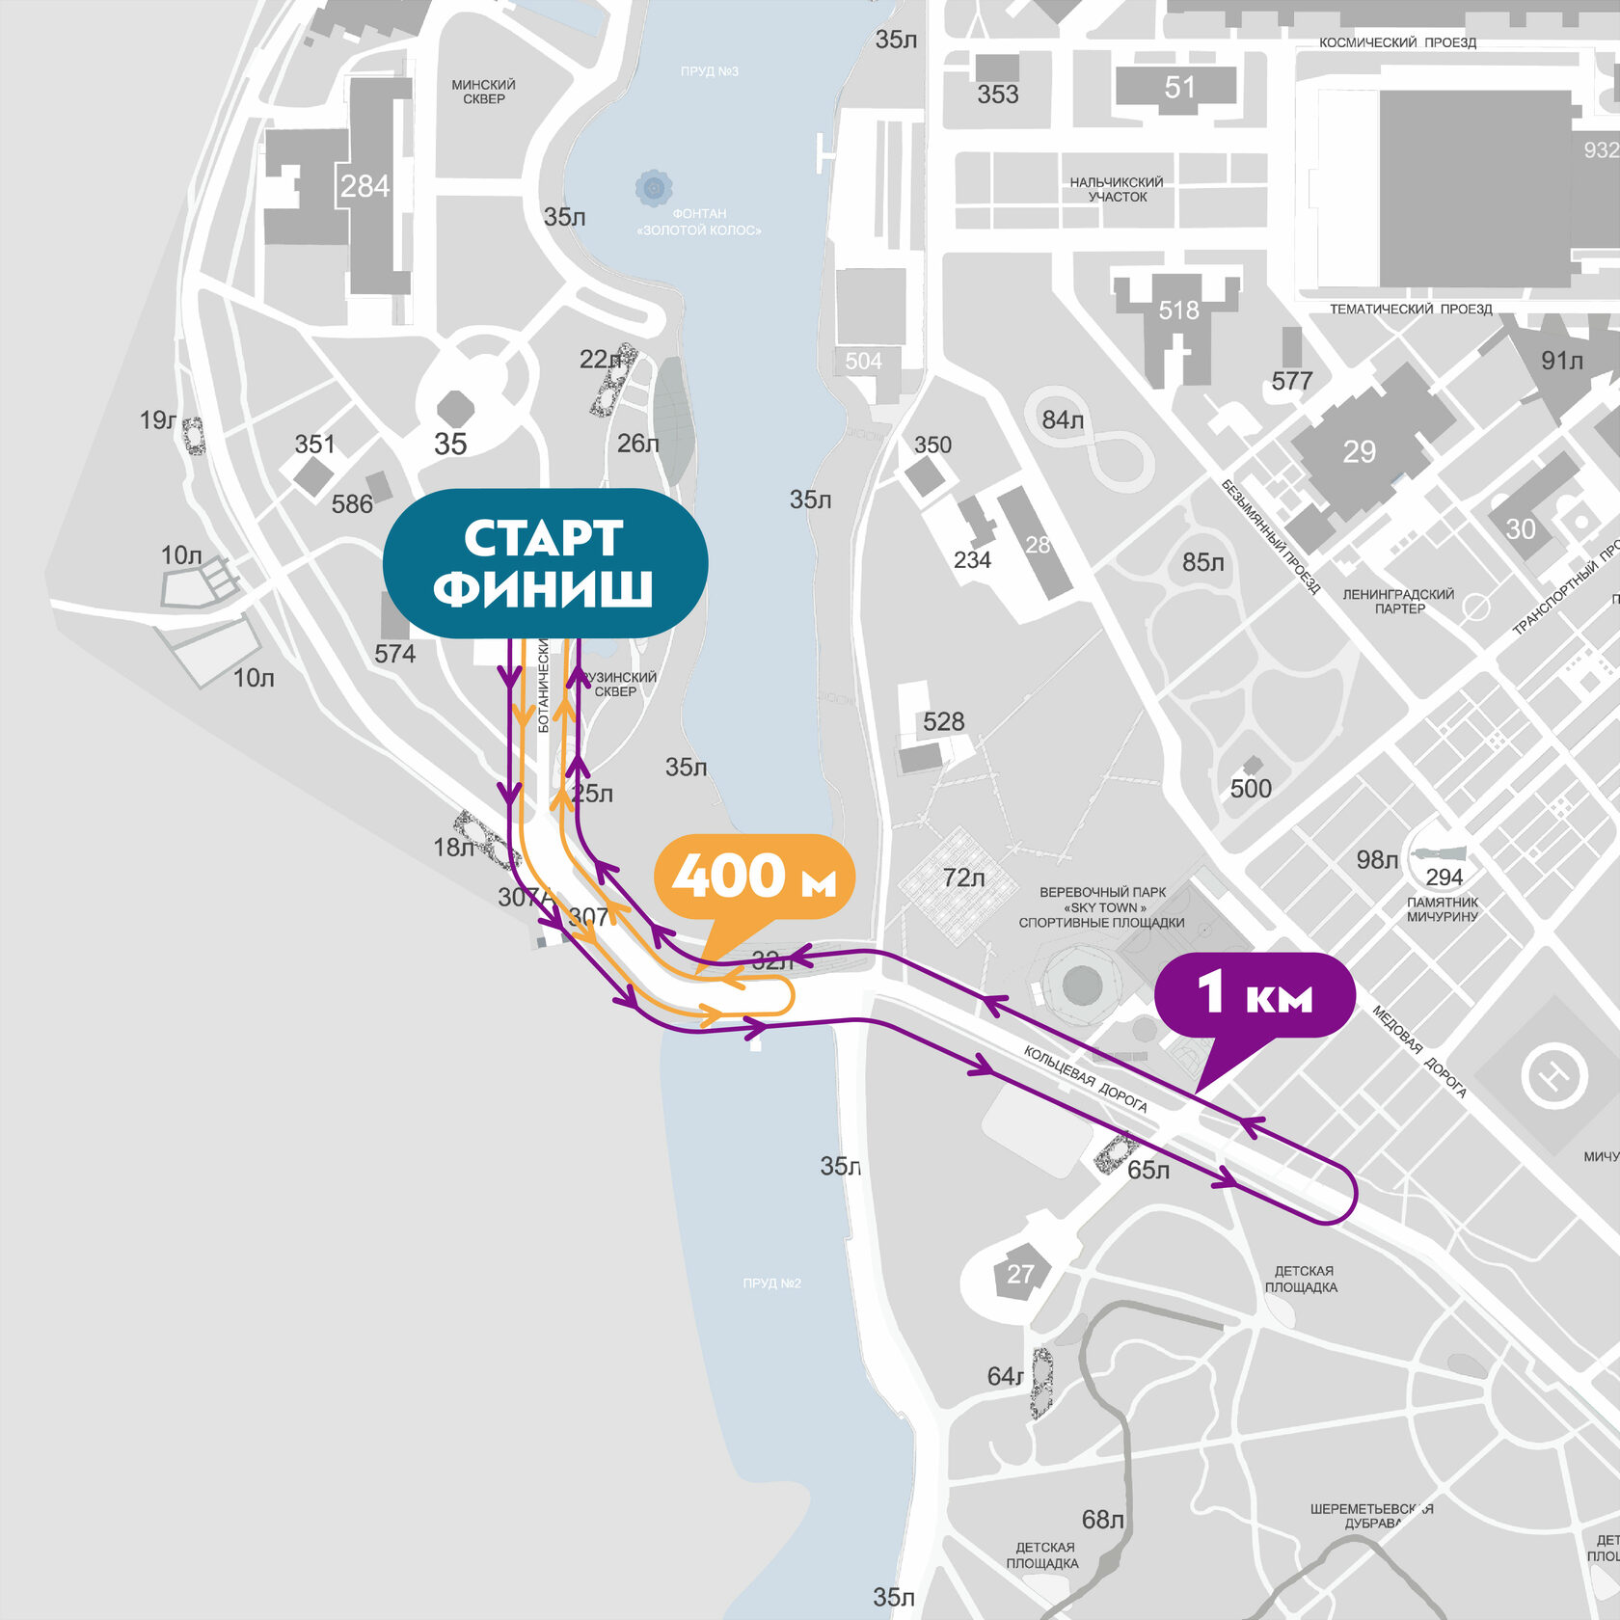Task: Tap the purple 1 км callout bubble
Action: (x=1255, y=994)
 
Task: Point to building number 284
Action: (x=364, y=186)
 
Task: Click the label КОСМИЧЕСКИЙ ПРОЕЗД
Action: (x=1397, y=42)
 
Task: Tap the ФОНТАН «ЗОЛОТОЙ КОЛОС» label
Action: (x=699, y=222)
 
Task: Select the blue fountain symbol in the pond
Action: (x=653, y=186)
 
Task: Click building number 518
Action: (x=1178, y=310)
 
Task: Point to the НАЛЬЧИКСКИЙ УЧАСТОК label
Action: (x=1117, y=189)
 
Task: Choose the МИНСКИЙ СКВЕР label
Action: (x=483, y=92)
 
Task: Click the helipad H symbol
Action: (x=1553, y=1074)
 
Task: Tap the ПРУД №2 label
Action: (x=771, y=1282)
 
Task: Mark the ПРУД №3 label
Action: (x=709, y=71)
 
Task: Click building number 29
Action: (x=1359, y=451)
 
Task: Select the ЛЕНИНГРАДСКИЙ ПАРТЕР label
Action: (x=1398, y=601)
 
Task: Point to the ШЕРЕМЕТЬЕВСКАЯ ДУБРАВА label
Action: (x=1371, y=1515)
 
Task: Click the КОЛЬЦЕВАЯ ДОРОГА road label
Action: (x=1085, y=1079)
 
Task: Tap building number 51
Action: (x=1179, y=88)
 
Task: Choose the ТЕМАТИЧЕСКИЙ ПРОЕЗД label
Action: (x=1411, y=309)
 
